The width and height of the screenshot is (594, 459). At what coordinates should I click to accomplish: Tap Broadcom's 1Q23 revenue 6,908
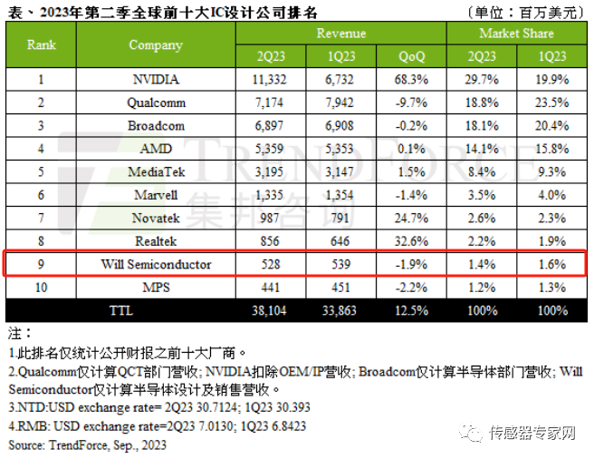(x=341, y=125)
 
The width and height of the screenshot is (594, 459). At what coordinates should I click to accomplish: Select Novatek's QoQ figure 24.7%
(x=411, y=218)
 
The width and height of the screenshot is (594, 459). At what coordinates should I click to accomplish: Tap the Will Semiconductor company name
(x=156, y=264)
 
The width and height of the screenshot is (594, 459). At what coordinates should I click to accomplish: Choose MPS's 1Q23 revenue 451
(x=341, y=288)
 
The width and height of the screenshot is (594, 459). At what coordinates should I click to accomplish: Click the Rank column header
(x=41, y=44)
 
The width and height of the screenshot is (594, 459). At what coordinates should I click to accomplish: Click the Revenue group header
(x=341, y=34)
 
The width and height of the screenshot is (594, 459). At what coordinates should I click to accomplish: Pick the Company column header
(x=156, y=44)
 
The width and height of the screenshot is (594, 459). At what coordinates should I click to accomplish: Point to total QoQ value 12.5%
(x=411, y=310)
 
